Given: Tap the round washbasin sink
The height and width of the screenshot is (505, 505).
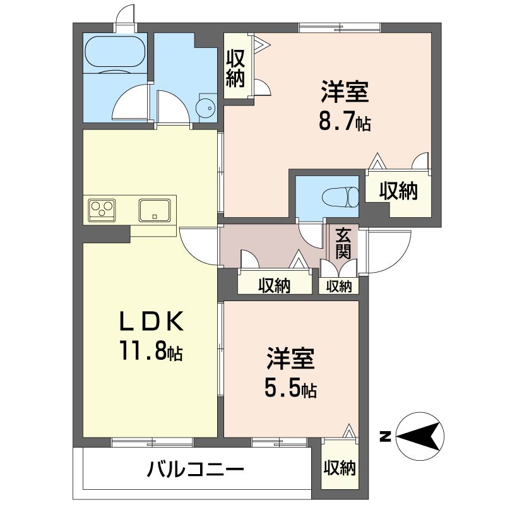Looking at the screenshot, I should coord(206,109).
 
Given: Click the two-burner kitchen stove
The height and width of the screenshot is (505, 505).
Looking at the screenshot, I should coord(101,208).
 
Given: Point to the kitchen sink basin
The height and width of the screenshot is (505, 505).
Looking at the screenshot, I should coord(154,208).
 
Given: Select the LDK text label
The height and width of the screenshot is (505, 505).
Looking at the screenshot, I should coord(151,323).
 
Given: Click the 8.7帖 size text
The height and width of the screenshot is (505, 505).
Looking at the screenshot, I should coord(344,122).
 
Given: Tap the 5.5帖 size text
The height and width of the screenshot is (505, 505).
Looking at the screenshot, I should coord(290,388).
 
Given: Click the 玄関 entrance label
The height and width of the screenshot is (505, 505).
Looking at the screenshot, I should coord(343,243).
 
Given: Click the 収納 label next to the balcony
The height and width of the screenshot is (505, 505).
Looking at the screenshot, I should coord(340,468).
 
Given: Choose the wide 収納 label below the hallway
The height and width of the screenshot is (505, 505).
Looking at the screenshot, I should coord(274,286).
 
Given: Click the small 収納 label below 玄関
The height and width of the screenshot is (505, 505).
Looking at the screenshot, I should coord(338,286).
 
